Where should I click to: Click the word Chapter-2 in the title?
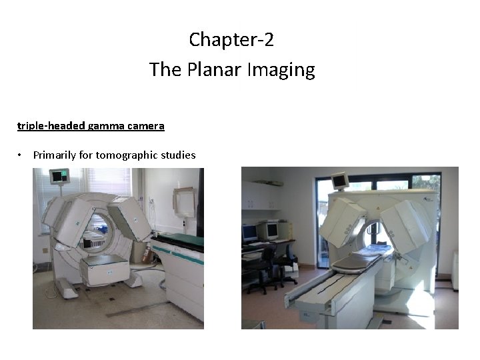[x=231, y=40]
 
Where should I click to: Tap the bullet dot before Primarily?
[x=21, y=155]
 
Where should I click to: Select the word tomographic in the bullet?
[x=124, y=155]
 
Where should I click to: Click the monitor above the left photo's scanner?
[x=59, y=177]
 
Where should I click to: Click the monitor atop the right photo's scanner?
[x=340, y=181]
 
